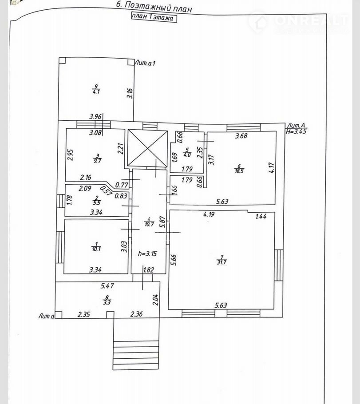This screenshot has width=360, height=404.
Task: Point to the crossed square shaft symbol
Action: [147, 148]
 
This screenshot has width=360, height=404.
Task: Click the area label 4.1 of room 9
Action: [95, 92]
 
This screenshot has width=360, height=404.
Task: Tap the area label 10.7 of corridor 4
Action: [149, 224]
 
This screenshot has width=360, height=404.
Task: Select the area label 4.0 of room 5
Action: [187, 154]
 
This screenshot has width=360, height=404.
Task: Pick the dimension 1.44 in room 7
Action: [261, 217]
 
